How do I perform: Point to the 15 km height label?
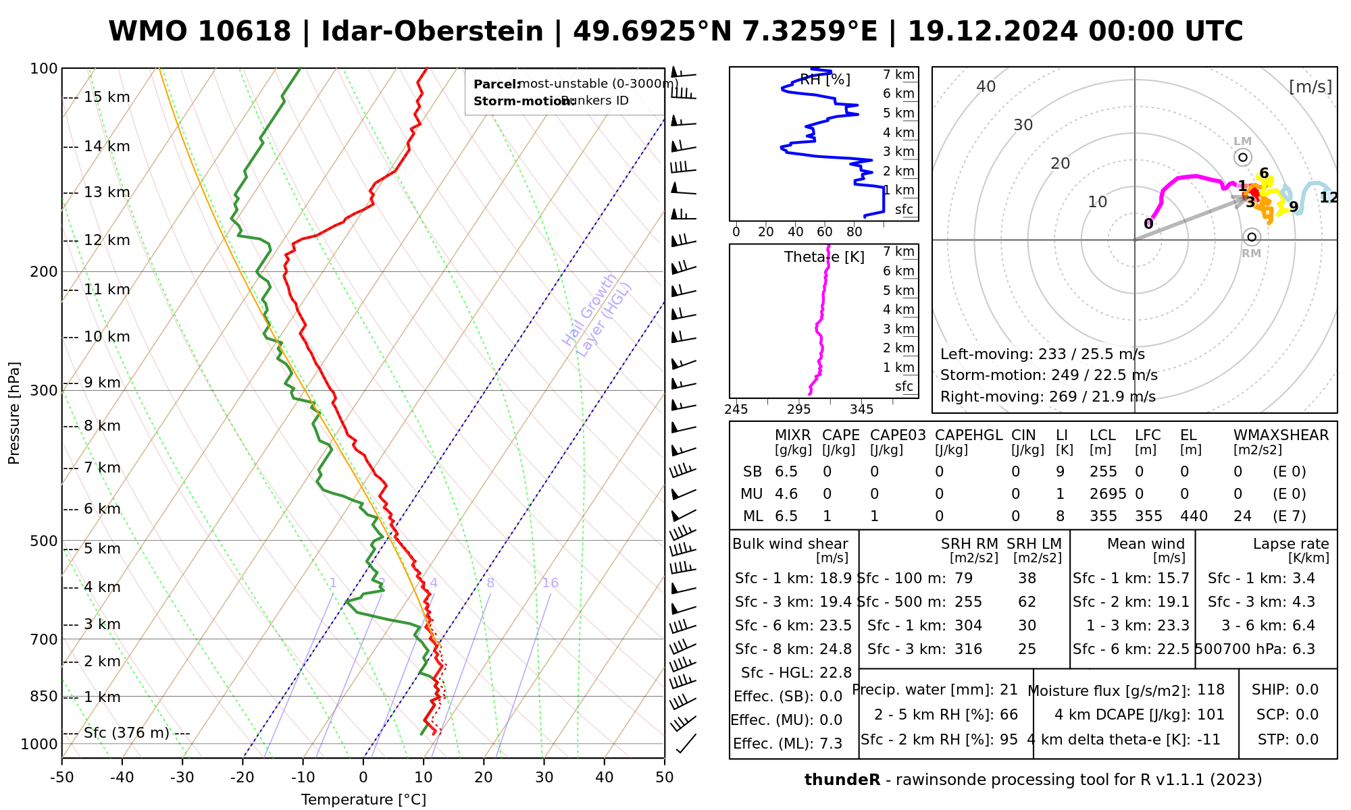[x=107, y=97]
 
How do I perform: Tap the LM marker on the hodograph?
[x=1243, y=157]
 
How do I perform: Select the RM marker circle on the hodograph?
[x=1252, y=237]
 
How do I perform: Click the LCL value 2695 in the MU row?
[x=1108, y=494]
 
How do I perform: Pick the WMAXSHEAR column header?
[x=1281, y=435]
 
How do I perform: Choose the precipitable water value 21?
[x=1009, y=690]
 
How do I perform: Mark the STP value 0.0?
[x=1307, y=740]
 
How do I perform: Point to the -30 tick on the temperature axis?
[x=182, y=778]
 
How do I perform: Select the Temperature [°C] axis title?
[x=363, y=800]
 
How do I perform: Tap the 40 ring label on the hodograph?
[x=986, y=86]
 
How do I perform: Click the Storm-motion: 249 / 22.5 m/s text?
[x=1048, y=375]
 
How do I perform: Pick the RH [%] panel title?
[x=825, y=80]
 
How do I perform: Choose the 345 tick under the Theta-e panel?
[x=861, y=410]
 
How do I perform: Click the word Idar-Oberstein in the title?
[x=432, y=32]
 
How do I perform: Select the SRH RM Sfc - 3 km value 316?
[x=968, y=649]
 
